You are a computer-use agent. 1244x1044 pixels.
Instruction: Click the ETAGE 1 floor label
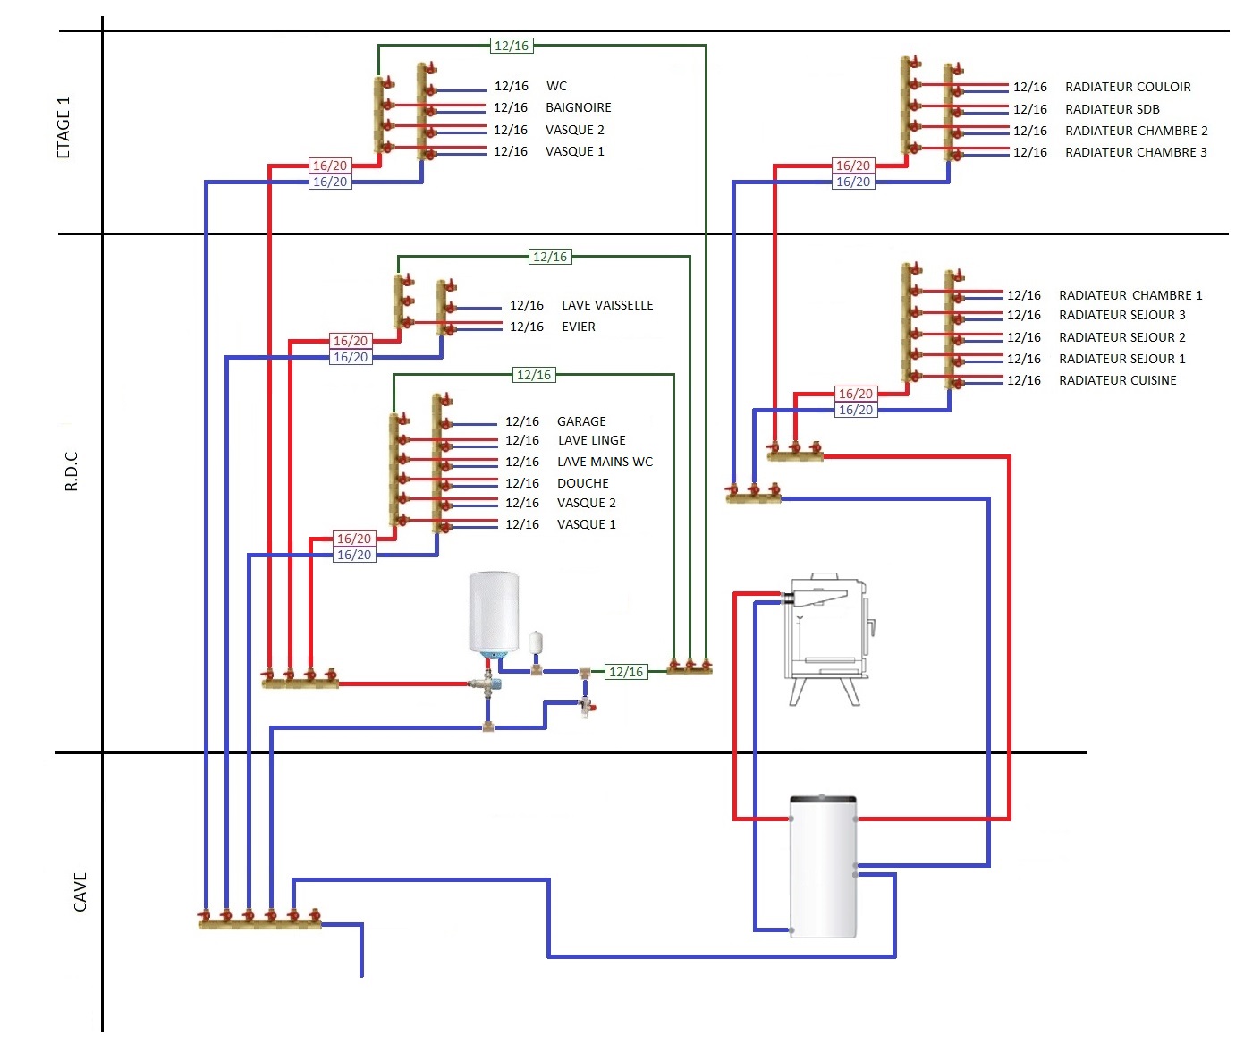pos(63,128)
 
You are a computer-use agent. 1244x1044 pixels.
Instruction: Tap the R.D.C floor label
pos(72,471)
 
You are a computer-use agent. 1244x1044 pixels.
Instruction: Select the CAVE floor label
pos(80,892)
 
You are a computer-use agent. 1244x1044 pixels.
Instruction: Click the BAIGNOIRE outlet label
pos(578,107)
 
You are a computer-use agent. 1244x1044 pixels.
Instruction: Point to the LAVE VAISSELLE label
pos(607,305)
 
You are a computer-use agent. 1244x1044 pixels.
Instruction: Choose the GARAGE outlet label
pos(581,421)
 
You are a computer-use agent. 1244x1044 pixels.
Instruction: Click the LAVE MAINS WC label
pos(605,462)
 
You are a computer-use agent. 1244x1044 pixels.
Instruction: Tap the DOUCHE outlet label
pos(582,483)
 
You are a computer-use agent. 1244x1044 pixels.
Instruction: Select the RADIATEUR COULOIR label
pos(1128,87)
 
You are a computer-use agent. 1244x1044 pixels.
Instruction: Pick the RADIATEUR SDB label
pos(1112,109)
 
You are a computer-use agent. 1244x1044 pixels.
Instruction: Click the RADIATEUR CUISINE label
pos(1117,380)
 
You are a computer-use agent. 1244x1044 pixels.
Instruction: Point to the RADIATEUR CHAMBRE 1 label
pos(1130,295)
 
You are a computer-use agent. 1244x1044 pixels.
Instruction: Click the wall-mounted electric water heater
pos(494,613)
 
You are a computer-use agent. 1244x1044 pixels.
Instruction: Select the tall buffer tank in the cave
pos(823,866)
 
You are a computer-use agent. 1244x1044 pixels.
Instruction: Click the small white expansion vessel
pos(536,643)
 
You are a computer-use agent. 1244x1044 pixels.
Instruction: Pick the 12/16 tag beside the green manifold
pos(625,672)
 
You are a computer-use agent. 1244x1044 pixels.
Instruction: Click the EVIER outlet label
pos(578,327)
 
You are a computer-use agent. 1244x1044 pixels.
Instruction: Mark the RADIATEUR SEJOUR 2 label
pos(1121,337)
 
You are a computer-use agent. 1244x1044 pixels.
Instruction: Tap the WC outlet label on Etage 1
pos(556,86)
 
